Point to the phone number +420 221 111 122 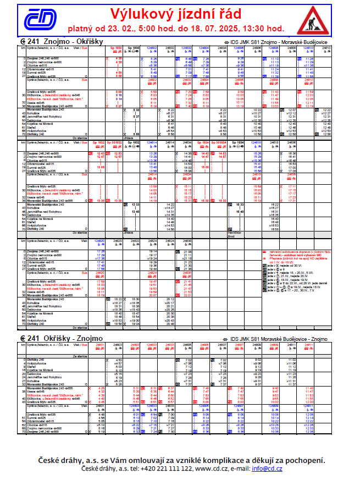click(x=164, y=468)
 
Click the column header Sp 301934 click(x=223, y=141)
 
